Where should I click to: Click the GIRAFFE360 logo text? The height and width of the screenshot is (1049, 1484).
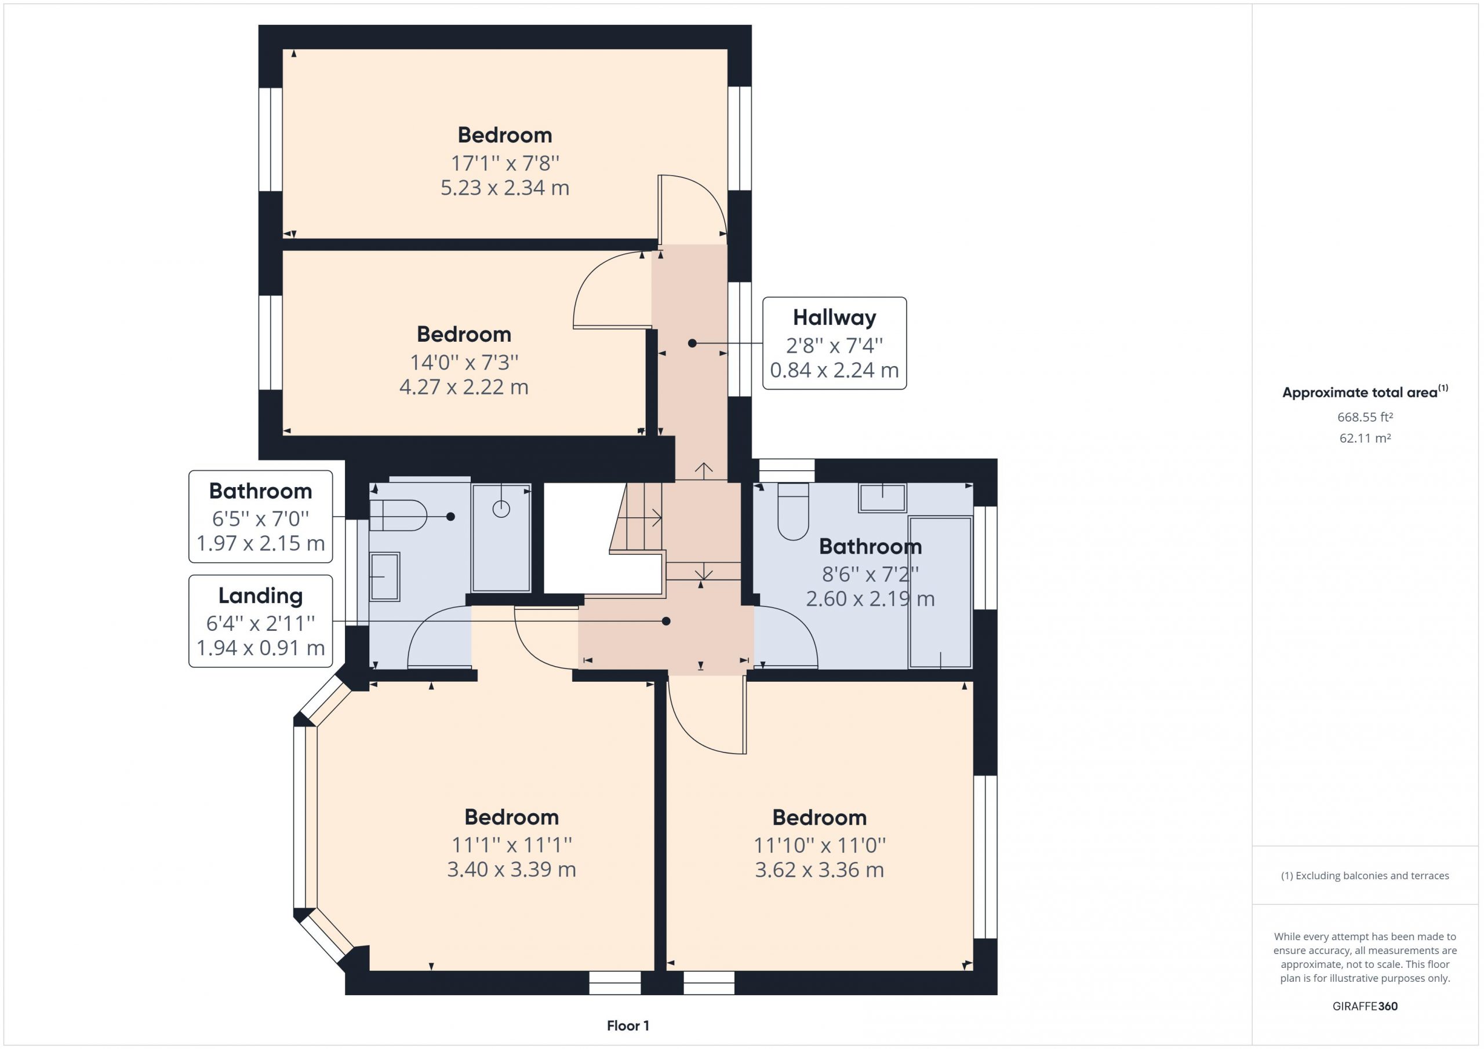[1365, 1006]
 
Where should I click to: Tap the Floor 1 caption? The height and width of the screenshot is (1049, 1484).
[628, 1026]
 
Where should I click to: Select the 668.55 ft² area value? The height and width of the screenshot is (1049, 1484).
[1365, 417]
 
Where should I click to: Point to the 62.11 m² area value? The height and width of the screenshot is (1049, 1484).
[1365, 438]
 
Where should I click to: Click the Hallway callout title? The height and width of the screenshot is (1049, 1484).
[834, 317]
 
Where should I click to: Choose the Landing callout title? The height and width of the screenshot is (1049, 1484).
[260, 595]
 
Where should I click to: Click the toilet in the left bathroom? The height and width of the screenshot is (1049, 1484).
[398, 516]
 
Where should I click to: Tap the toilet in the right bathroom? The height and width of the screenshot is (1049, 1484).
[793, 511]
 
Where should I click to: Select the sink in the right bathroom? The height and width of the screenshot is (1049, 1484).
[882, 498]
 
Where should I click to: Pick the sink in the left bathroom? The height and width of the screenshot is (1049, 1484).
[384, 577]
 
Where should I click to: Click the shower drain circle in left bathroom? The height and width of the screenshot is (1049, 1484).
[501, 509]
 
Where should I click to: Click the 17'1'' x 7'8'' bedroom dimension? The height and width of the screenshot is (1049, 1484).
[505, 163]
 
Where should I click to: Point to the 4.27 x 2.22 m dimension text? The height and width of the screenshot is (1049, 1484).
[464, 387]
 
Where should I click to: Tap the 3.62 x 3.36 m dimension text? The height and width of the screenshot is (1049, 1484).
[820, 869]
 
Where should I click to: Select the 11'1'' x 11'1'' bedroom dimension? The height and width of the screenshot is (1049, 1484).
[511, 844]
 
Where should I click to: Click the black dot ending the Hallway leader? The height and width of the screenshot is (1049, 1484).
[692, 343]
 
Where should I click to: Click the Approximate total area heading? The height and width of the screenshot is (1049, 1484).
[1365, 392]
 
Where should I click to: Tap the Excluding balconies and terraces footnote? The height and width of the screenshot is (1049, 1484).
[1365, 876]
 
